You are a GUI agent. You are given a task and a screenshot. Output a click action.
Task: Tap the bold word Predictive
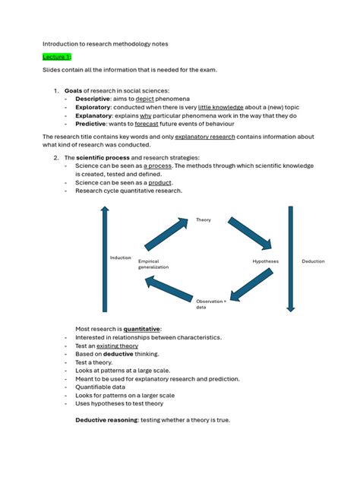point(91,125)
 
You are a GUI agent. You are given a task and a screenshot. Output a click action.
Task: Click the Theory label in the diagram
point(204,220)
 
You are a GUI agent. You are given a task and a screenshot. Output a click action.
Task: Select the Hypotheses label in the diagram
point(266,261)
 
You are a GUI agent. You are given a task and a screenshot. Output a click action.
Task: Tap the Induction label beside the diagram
point(120,257)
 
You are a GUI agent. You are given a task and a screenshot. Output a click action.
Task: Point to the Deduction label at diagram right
point(313,261)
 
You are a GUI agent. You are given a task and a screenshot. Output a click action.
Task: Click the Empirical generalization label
point(153,264)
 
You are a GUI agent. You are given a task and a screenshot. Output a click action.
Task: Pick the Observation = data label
point(210,304)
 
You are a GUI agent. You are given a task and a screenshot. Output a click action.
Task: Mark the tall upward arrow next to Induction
point(105,258)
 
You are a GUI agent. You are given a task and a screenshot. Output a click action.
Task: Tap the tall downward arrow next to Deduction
point(289,258)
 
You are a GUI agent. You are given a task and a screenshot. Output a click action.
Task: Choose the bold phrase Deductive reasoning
point(105,420)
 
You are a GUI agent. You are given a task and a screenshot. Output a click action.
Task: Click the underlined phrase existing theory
point(117,346)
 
